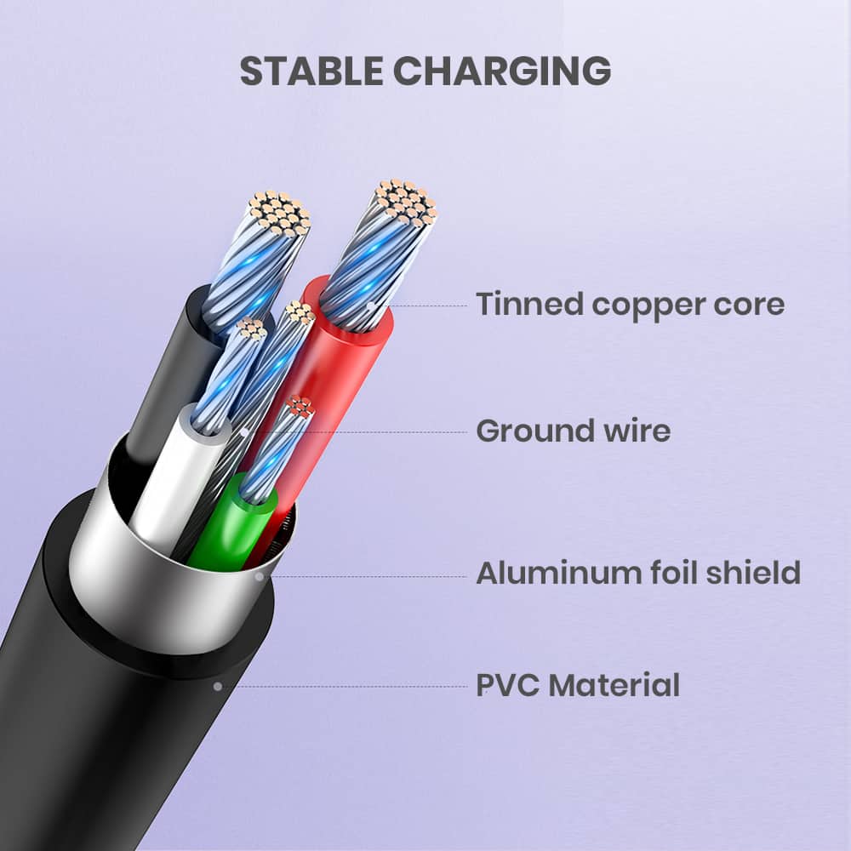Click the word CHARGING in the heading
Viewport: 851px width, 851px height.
(502, 71)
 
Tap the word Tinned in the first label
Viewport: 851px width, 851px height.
(529, 304)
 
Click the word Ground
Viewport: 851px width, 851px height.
(535, 431)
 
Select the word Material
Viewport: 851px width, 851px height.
(614, 685)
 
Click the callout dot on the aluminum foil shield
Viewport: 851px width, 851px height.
(260, 577)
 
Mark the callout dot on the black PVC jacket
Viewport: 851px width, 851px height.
(218, 687)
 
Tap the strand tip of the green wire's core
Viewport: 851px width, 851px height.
(300, 407)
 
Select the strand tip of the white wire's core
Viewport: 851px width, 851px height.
(251, 328)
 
